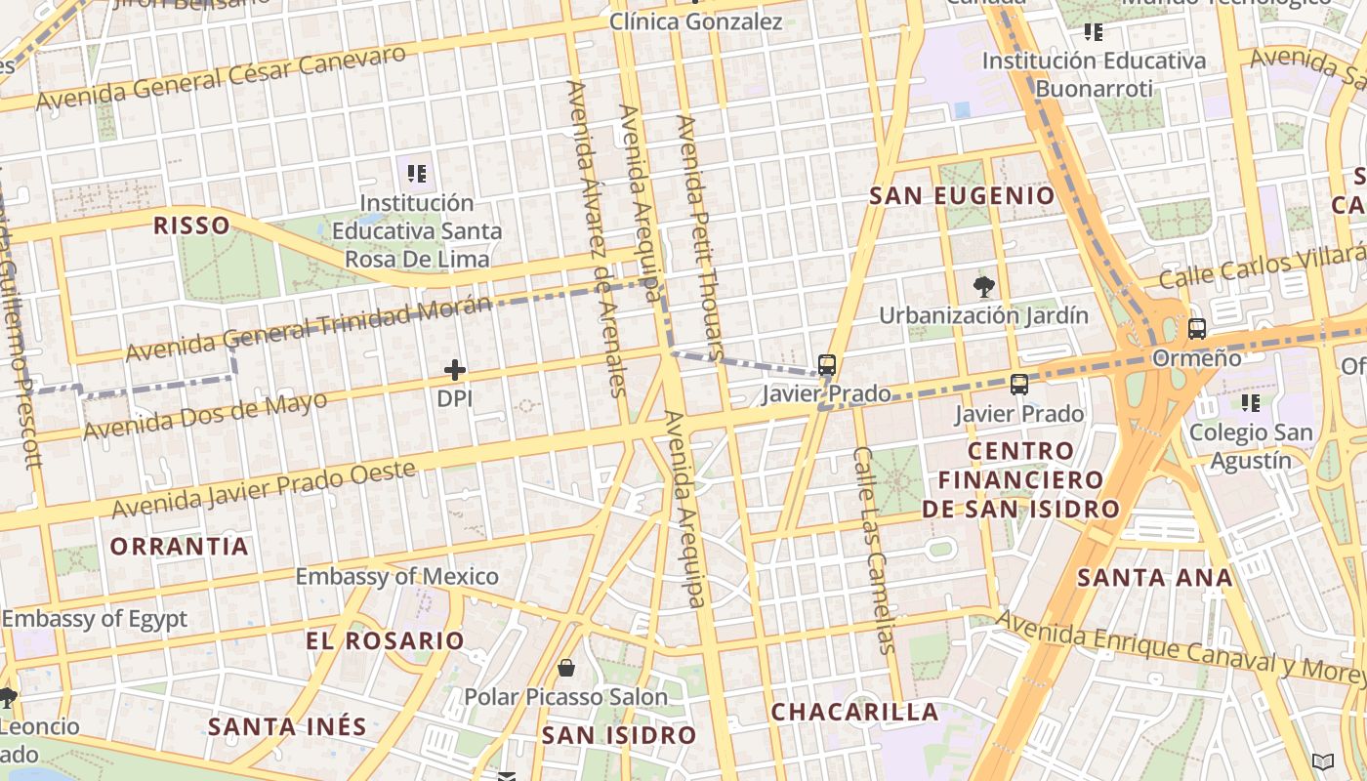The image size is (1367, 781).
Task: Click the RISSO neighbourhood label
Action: click(191, 226)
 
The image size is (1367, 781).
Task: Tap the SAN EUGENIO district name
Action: click(963, 195)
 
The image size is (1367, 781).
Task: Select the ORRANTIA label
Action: click(180, 546)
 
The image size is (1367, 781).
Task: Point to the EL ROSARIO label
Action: click(385, 641)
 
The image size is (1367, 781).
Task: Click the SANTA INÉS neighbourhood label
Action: click(287, 726)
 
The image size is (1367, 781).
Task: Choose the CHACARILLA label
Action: click(855, 712)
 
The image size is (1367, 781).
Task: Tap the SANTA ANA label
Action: click(1155, 577)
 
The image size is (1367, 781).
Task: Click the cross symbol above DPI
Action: click(455, 370)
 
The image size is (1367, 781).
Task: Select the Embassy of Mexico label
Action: click(397, 576)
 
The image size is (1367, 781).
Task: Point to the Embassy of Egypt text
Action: click(94, 618)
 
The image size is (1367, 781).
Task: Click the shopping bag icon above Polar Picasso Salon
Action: click(566, 668)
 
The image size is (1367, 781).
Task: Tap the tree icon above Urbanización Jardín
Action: click(984, 286)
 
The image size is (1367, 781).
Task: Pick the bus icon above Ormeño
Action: click(1197, 329)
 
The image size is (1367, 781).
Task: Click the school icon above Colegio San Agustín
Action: click(1251, 401)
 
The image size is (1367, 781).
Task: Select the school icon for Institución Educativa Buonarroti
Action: click(1094, 32)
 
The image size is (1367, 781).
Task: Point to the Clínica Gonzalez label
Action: click(696, 21)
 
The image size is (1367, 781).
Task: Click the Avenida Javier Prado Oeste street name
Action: click(264, 490)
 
